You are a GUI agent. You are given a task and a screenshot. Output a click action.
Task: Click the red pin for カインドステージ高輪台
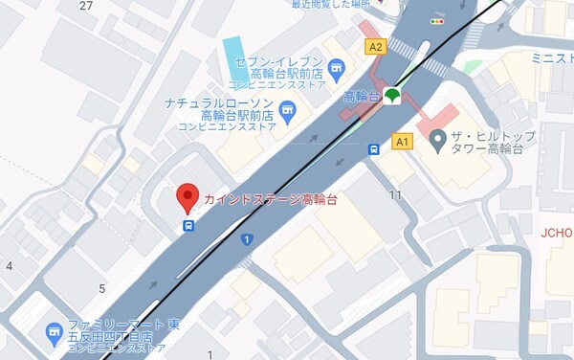click(188, 197)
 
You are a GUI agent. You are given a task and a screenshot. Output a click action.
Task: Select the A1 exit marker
click(402, 142)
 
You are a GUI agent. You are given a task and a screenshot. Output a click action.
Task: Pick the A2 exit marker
click(375, 46)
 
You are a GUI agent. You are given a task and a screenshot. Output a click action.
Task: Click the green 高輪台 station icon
click(391, 96)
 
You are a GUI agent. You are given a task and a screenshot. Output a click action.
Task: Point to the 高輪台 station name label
click(362, 96)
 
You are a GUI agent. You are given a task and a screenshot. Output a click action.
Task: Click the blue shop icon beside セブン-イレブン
click(335, 67)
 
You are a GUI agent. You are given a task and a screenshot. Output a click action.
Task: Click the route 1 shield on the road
click(247, 238)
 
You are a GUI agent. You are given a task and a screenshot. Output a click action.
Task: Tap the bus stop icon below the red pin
click(188, 226)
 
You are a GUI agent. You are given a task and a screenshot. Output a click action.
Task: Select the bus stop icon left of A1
click(375, 148)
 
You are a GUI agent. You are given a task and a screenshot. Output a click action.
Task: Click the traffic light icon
click(438, 20)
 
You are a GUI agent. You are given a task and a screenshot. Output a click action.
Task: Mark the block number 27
click(86, 6)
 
